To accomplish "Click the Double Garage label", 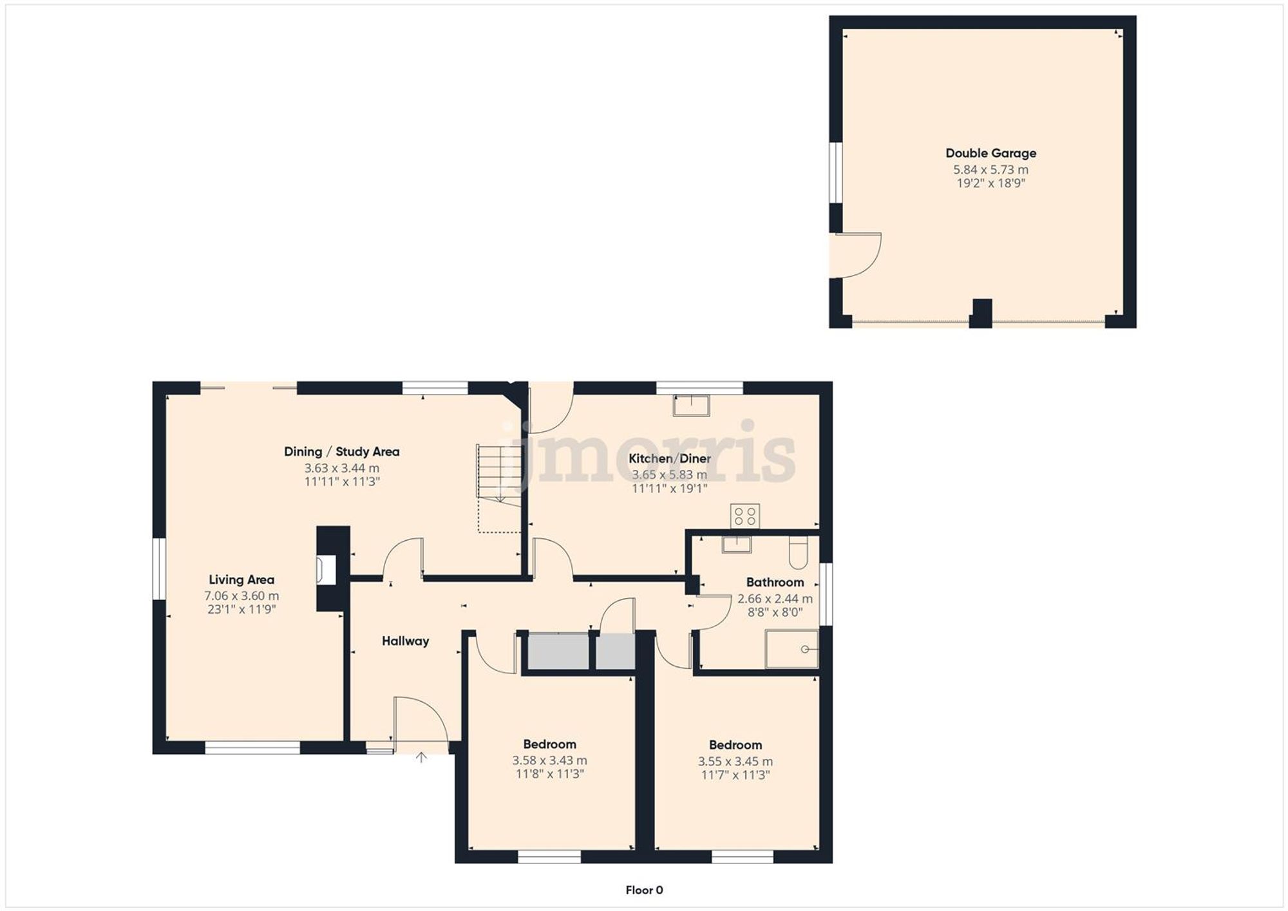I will pos(990,153).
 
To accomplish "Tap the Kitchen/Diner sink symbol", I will pos(691,406).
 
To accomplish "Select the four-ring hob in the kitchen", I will pos(744,516).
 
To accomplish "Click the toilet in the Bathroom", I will pos(798,552).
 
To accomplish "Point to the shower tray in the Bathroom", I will pos(791,649).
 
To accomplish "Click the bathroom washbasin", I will pos(736,545).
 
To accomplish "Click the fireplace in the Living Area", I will pos(327,570).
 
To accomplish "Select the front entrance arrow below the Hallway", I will pos(421,757).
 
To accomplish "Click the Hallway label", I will pos(405,641).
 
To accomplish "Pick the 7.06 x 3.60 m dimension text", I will pos(241,596).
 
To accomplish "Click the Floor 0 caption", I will pos(644,890).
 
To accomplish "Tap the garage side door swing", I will pos(857,256).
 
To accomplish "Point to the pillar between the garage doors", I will pos(981,313).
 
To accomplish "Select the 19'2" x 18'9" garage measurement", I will pos(990,183).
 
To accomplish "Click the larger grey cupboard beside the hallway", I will pos(558,652).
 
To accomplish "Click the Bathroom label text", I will pos(775,582).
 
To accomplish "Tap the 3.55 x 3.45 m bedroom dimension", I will pos(735,761).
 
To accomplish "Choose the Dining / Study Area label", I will pos(341,451).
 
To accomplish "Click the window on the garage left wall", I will pos(835,173).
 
